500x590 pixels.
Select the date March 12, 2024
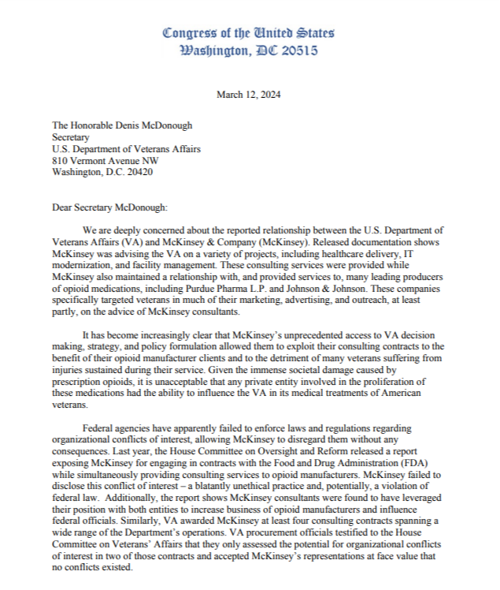249,95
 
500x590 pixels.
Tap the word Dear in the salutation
63,207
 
